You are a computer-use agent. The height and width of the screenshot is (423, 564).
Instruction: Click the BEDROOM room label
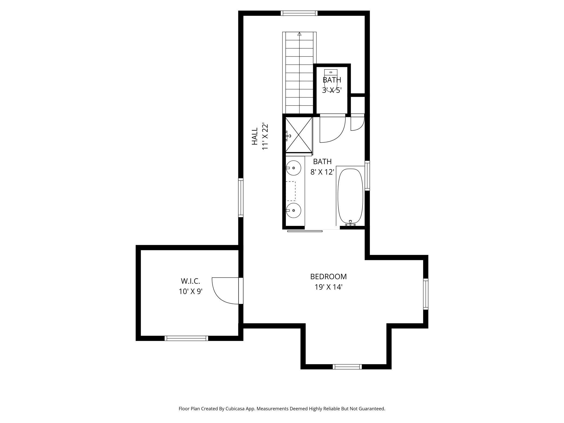(328, 277)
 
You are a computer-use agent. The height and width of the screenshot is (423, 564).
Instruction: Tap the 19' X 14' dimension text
(329, 287)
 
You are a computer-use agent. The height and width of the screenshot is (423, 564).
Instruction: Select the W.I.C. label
(190, 281)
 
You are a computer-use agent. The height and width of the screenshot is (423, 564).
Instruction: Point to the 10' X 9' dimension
(191, 291)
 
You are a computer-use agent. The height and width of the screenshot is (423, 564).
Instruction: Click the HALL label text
(255, 136)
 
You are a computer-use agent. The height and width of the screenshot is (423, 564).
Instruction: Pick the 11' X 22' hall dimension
(265, 136)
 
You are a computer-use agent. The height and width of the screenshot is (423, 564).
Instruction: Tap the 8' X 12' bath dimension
(322, 172)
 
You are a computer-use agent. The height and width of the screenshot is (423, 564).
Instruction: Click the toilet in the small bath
(331, 81)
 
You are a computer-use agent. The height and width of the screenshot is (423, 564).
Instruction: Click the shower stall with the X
(299, 134)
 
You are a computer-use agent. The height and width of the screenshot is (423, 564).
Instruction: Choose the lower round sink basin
(294, 210)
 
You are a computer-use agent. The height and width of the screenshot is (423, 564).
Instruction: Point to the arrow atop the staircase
(299, 34)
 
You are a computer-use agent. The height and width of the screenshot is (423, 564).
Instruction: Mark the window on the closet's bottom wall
(186, 338)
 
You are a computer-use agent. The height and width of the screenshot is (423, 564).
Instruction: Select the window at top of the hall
(299, 13)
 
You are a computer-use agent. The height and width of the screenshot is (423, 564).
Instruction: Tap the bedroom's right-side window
(426, 294)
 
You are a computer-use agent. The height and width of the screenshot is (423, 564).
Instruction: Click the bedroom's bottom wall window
(347, 367)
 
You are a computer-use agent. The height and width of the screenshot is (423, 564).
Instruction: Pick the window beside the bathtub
(367, 176)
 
